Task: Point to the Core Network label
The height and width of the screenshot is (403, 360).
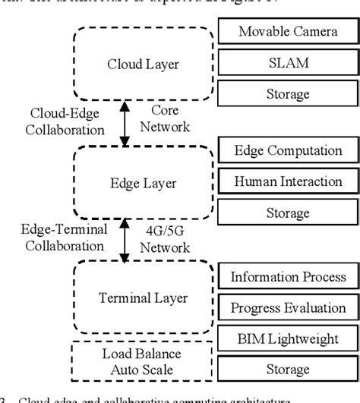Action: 164,122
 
